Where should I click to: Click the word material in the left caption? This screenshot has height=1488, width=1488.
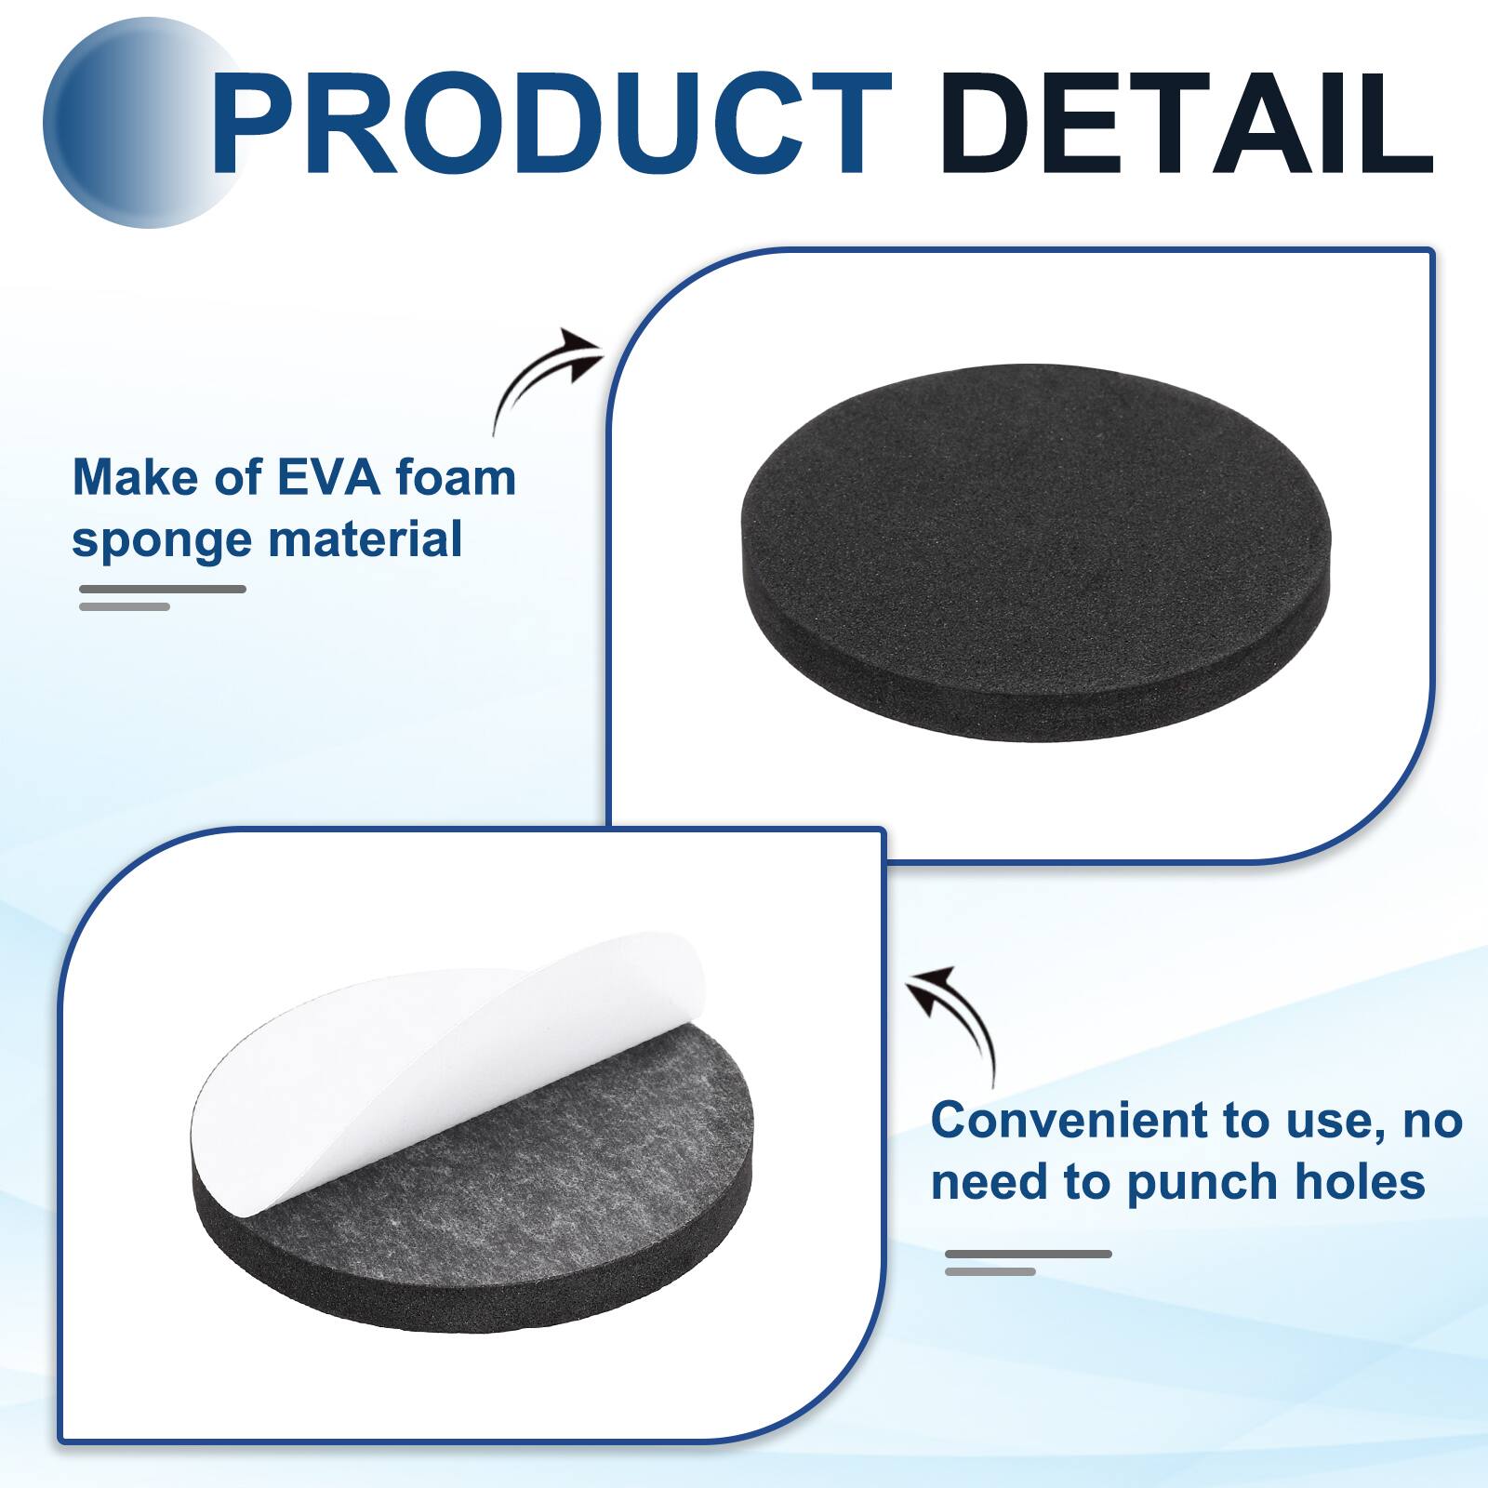coord(373,539)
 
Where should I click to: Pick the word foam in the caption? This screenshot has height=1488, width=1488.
coord(455,478)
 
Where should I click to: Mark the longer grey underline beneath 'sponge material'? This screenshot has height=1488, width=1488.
coord(163,589)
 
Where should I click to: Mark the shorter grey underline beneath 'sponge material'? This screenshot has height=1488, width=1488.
coord(125,606)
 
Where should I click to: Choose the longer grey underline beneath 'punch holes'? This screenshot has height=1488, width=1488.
coord(1029,1254)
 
